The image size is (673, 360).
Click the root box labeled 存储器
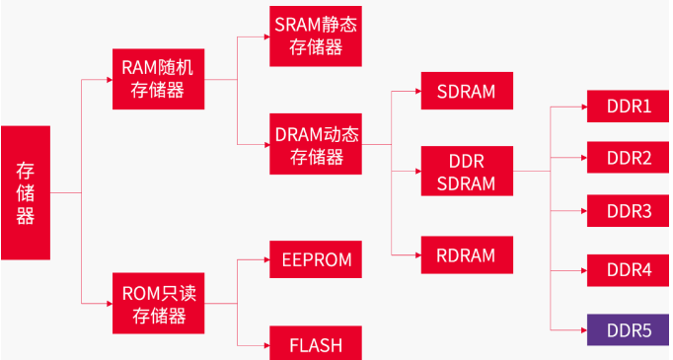click(25, 192)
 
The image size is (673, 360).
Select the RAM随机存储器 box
click(160, 79)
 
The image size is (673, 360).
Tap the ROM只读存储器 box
click(160, 304)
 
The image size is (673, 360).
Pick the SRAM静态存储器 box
click(316, 36)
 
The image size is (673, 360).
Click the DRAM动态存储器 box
click(316, 144)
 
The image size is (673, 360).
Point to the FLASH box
click(316, 344)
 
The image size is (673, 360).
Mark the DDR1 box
click(628, 106)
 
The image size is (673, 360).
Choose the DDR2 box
click(628, 158)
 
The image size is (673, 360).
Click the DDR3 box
click(628, 211)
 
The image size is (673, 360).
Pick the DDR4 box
click(628, 269)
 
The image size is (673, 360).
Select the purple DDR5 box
click(628, 329)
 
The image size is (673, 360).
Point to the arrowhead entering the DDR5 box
click(582, 329)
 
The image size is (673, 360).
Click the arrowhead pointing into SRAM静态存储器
click(264, 36)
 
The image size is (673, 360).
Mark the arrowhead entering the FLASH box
click(264, 344)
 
